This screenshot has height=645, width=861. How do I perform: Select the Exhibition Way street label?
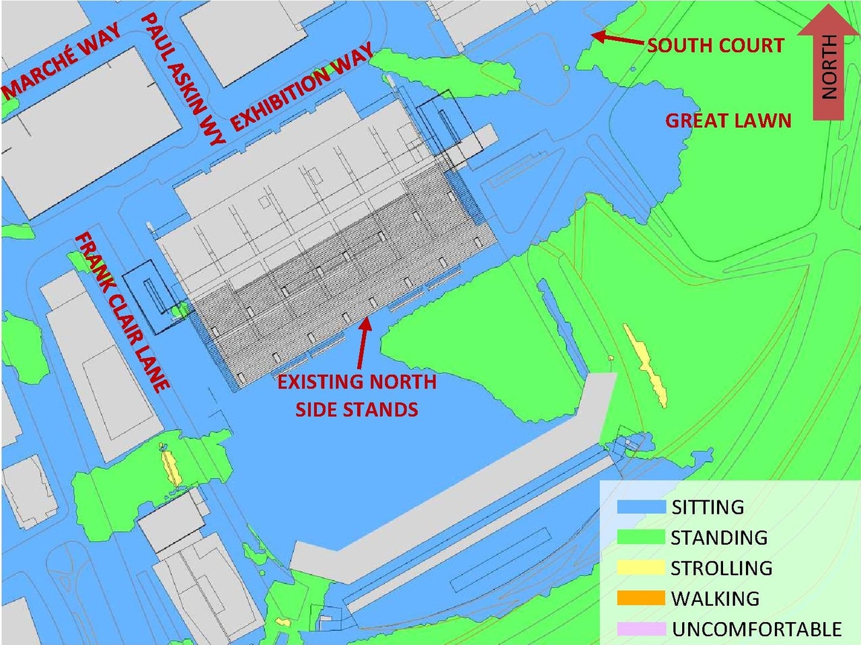click(x=302, y=88)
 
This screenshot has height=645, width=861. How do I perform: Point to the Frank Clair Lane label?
click(x=121, y=312)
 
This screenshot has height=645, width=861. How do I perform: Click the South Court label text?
click(x=715, y=46)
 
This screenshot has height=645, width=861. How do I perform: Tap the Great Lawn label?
click(x=728, y=121)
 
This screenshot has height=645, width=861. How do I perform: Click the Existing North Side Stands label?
click(x=357, y=395)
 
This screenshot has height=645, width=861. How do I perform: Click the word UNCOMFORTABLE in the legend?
click(x=757, y=630)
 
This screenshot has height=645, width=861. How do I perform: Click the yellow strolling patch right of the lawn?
click(x=646, y=364)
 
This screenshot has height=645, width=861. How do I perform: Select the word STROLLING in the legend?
click(x=722, y=568)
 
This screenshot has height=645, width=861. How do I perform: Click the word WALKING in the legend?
click(x=715, y=599)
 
